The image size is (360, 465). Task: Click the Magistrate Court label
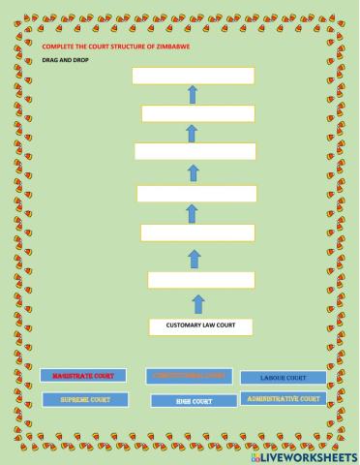click(76, 375)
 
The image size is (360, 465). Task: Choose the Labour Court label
click(283, 377)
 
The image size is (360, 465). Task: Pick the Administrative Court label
click(283, 398)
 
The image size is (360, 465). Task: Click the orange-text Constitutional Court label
click(189, 376)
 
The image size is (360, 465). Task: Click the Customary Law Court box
click(201, 325)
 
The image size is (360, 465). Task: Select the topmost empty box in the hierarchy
click(193, 76)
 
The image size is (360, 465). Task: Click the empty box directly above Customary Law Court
click(199, 280)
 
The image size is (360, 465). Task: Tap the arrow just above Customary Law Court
click(198, 303)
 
